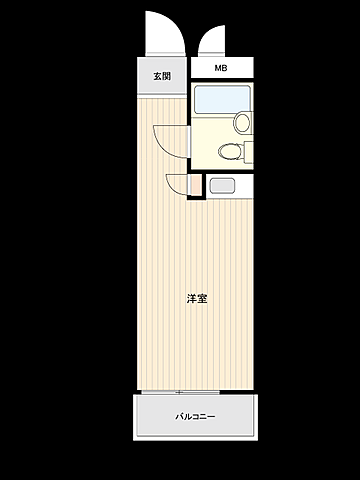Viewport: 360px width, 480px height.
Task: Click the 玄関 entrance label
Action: pyautogui.click(x=162, y=76)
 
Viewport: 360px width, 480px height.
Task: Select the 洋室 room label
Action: pyautogui.click(x=197, y=298)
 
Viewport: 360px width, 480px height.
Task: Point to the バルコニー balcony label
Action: pyautogui.click(x=196, y=417)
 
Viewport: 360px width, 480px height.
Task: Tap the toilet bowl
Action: pyautogui.click(x=228, y=151)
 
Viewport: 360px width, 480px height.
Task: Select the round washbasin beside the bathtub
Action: pyautogui.click(x=242, y=122)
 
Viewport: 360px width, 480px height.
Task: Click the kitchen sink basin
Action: pyautogui.click(x=222, y=185)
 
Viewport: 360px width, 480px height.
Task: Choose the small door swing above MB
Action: pyautogui.click(x=212, y=42)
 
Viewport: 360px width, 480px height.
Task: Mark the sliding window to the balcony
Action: pyautogui.click(x=180, y=391)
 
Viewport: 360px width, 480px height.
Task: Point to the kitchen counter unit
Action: pyautogui.click(x=229, y=185)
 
